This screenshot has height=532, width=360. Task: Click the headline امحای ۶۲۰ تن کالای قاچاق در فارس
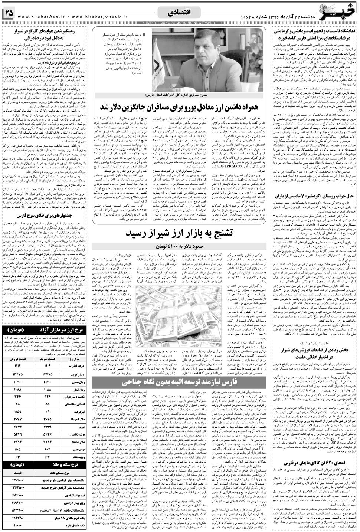point(314,463)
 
